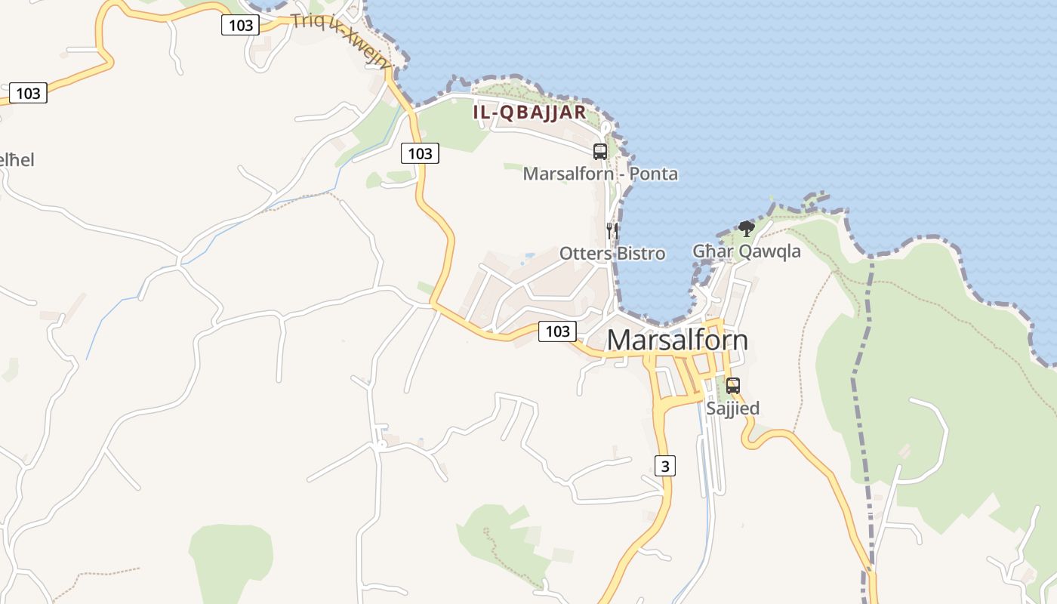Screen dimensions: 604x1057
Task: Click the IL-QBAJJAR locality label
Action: (529, 112)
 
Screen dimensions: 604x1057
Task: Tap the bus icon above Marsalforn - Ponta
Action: (600, 151)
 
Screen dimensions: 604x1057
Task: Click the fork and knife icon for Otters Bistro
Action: (612, 230)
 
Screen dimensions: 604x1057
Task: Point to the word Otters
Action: (586, 254)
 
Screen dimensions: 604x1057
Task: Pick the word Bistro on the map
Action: (641, 254)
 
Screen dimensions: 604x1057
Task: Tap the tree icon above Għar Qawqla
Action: (747, 228)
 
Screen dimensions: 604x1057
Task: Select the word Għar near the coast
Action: (713, 251)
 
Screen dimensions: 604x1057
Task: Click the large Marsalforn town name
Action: (677, 340)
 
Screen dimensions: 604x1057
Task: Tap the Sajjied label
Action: (732, 408)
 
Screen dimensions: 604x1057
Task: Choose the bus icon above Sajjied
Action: (732, 385)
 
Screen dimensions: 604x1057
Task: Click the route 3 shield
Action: (665, 466)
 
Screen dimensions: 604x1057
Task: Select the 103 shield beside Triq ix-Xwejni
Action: (240, 25)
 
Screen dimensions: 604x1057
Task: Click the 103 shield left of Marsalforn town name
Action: (557, 331)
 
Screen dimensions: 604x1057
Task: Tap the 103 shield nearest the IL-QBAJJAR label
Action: (420, 153)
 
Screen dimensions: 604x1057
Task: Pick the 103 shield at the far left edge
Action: (28, 93)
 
